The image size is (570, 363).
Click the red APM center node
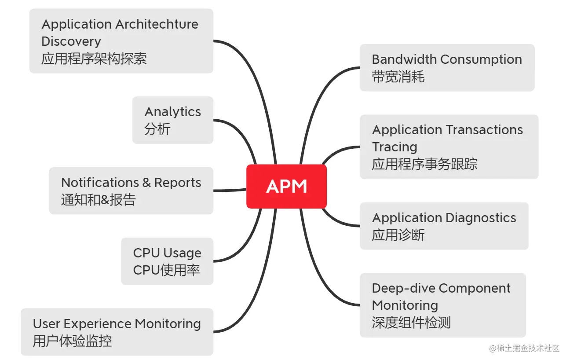(286, 187)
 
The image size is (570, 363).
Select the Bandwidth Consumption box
(447, 68)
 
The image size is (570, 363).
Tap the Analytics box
(172, 120)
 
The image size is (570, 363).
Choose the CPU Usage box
(167, 261)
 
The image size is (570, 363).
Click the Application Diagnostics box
(444, 226)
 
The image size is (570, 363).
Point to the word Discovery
(71, 41)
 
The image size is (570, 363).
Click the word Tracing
(395, 147)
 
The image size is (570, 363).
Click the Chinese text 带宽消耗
(398, 77)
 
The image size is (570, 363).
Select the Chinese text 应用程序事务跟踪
(424, 165)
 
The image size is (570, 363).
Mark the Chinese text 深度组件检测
(411, 323)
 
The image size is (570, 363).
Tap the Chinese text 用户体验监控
(72, 341)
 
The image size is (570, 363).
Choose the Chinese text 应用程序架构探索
(94, 59)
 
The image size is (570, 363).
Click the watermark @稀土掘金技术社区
(524, 348)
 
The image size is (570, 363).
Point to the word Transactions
(485, 130)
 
